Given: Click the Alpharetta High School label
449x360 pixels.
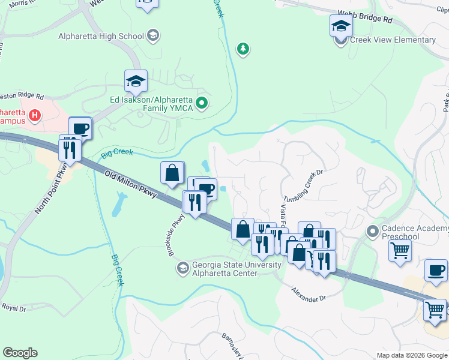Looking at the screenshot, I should (x=101, y=36).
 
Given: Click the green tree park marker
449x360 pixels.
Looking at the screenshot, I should (x=243, y=49).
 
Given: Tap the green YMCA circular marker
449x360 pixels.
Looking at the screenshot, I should (x=202, y=104).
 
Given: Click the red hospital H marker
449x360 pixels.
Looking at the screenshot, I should (x=35, y=115).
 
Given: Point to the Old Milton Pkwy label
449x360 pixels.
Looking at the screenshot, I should (x=131, y=185).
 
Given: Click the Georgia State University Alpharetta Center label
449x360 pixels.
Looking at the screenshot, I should (x=236, y=269).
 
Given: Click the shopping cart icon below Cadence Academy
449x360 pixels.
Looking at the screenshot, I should (x=400, y=250).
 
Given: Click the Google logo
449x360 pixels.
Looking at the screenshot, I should (x=20, y=353).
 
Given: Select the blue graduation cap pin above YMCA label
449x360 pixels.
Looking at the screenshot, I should (x=136, y=82).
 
